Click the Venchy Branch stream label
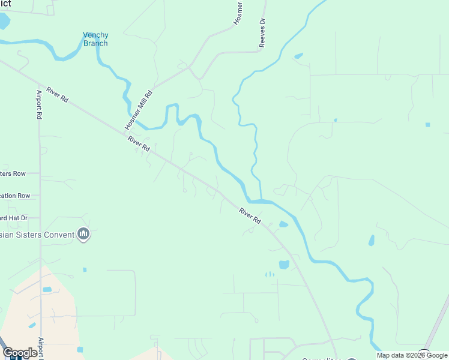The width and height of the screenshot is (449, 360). (95, 39)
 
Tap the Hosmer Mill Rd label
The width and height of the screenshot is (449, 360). (139, 109)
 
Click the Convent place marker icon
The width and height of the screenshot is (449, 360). (83, 235)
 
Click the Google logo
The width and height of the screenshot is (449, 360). (20, 353)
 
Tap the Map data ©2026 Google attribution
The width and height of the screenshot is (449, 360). (412, 355)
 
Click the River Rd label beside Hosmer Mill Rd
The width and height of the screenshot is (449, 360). (138, 143)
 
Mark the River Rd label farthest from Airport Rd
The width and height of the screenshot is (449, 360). (250, 216)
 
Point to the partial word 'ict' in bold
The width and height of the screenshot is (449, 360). (6, 4)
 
